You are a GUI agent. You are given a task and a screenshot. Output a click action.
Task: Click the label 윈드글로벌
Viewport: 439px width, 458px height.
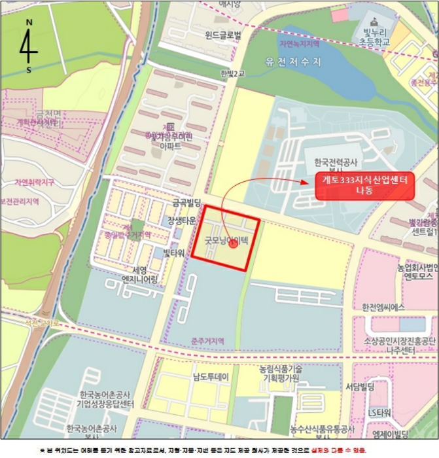click(223, 35)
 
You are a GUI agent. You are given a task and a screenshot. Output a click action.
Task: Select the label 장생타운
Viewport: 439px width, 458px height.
click(181, 220)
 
